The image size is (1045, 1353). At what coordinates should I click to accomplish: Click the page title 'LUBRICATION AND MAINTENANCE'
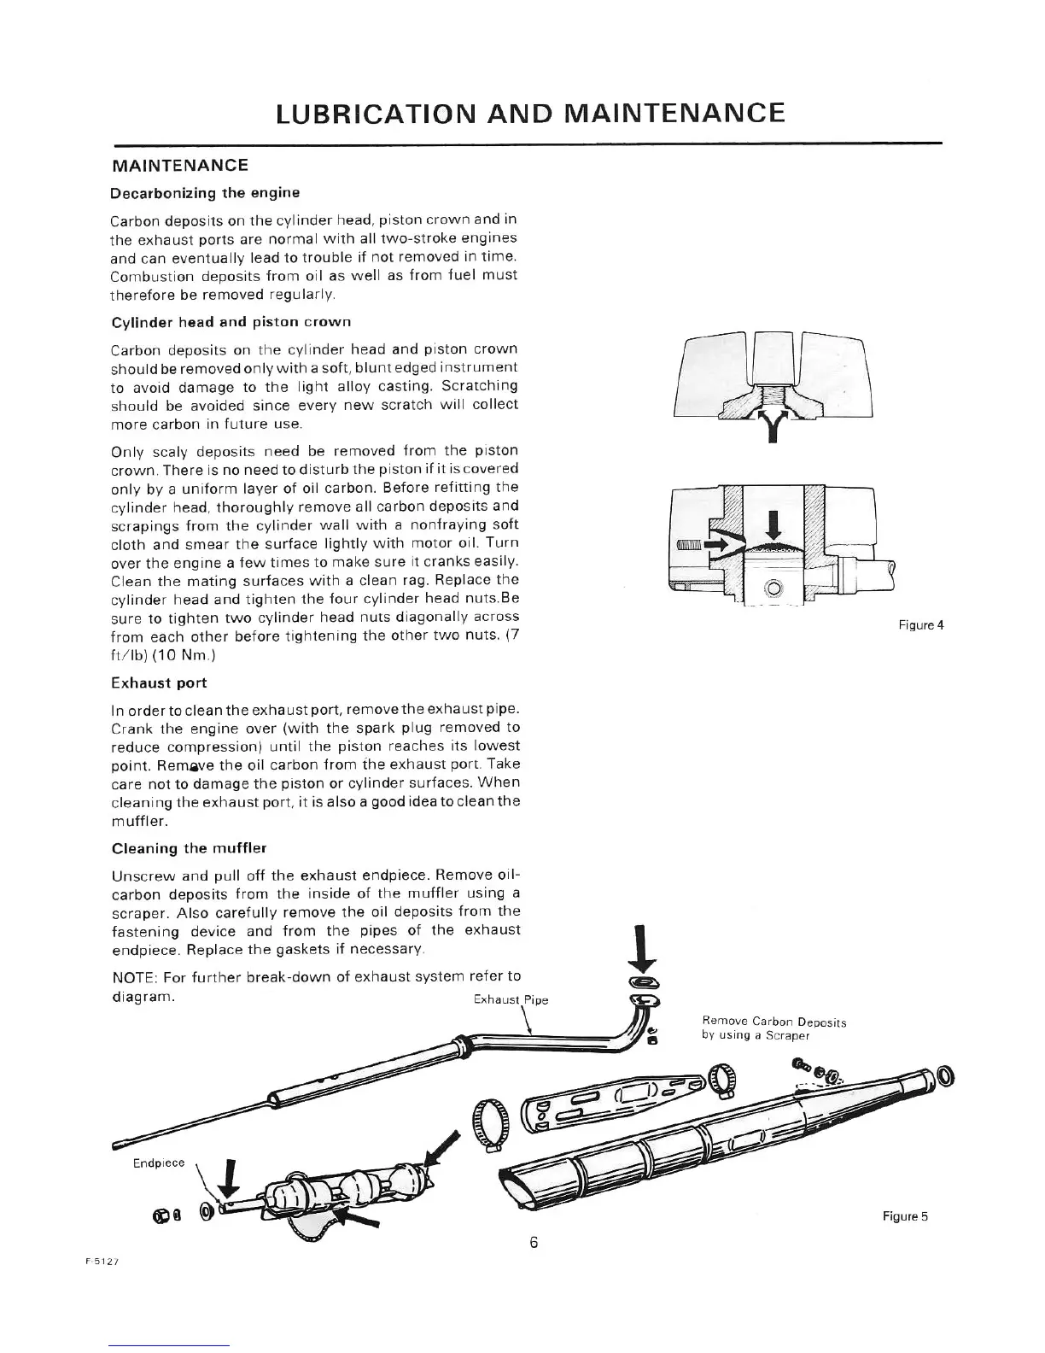coord(530,113)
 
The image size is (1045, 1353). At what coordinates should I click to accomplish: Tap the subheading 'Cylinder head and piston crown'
coord(231,322)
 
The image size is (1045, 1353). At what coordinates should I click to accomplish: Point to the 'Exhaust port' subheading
coord(159,682)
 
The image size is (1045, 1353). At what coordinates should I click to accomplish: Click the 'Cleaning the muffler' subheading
coord(190,848)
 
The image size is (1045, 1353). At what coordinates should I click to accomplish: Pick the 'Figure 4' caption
coord(921,624)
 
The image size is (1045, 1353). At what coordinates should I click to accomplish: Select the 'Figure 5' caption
coord(905,1216)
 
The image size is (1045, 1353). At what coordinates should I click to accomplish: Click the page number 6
coord(533,1242)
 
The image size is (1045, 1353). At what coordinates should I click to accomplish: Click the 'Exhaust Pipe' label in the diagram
coord(510,999)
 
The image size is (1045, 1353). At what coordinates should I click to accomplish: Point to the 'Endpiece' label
coord(159,1163)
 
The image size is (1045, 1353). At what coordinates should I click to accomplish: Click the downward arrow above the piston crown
coord(774,524)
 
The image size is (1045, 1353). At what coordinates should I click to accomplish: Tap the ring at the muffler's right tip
coord(946,1076)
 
